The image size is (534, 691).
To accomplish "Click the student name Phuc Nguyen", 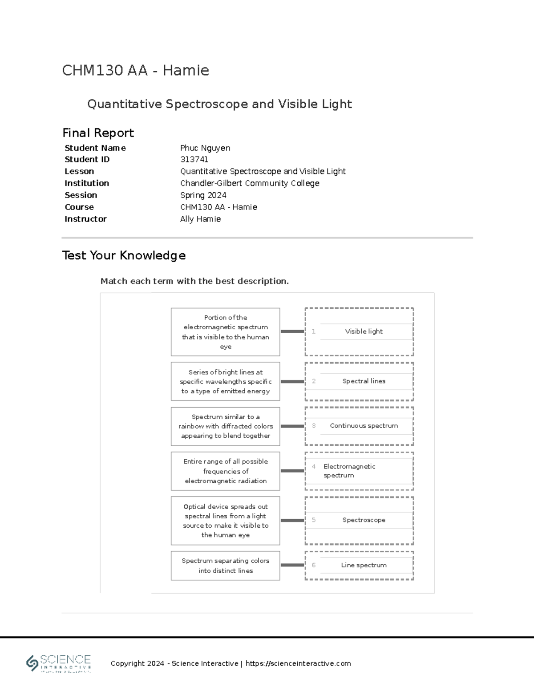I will point(205,148).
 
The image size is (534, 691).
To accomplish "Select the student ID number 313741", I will point(194,159).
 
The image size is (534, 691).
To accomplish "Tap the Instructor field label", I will point(85,219).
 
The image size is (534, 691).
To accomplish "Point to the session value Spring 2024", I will point(203,195).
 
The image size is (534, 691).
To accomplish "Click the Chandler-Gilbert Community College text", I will point(249,183).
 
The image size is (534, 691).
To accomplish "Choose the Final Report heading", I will point(98,133).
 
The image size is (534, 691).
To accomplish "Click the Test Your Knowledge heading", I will point(124,255).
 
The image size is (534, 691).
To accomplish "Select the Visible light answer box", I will point(364,331).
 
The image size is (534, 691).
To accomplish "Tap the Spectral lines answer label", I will point(364,381).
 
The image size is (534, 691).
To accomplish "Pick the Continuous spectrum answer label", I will point(364,426).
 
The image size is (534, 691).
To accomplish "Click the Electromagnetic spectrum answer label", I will point(349,471).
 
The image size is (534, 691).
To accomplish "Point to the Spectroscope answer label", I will point(364,520).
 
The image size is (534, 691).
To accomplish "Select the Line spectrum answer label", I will point(364,566).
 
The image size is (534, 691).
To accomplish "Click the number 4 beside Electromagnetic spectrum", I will point(314,467).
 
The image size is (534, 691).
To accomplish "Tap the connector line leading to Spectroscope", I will point(292,520).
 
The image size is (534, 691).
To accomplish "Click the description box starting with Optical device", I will point(225,521).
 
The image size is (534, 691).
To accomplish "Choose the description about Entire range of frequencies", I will point(225,471).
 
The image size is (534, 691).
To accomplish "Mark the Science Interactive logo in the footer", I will point(59,663).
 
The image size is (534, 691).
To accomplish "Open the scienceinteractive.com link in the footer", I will point(298,663).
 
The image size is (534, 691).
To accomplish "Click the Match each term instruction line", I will point(194,281).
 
